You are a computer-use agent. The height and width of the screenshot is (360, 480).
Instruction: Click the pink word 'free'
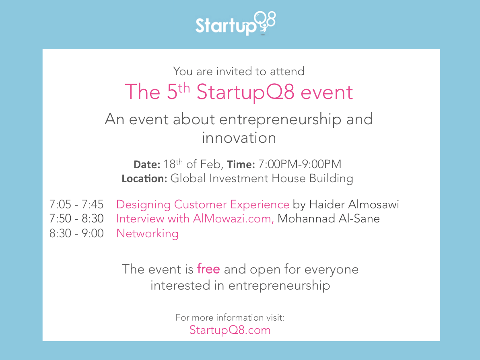208,269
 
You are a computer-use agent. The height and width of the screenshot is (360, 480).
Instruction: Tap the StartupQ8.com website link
230,330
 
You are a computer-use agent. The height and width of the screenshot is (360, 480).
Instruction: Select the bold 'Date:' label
147,165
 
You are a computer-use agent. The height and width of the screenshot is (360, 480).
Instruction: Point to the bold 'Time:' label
241,165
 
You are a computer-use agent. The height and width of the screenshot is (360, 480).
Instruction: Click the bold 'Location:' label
144,179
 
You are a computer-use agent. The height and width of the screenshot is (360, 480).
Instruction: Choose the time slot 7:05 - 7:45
76,205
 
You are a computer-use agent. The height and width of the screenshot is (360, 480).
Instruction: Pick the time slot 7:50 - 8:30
76,219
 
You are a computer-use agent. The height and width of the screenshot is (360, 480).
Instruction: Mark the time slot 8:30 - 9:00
76,233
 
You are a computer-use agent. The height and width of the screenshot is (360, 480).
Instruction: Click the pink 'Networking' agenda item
147,233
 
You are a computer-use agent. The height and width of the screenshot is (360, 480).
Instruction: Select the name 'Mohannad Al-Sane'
329,219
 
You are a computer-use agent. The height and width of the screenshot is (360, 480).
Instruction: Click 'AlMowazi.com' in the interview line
234,219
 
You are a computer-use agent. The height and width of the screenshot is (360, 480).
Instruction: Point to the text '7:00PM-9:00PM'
300,165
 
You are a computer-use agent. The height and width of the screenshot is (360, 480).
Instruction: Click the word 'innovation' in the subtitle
239,138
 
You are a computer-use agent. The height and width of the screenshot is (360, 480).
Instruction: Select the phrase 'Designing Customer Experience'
203,205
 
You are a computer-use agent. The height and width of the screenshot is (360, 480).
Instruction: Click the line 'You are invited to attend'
239,72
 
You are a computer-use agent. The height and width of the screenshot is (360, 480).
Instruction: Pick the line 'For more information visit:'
230,317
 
